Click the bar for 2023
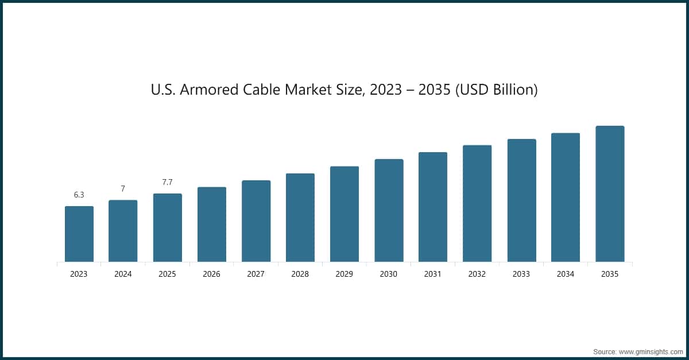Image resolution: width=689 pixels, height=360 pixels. [x=79, y=234]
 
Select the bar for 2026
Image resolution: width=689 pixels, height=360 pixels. [x=211, y=224]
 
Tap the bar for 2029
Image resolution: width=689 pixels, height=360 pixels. [x=344, y=214]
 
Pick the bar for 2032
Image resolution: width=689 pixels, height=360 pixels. [x=477, y=204]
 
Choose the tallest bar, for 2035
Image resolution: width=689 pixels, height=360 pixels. [x=610, y=194]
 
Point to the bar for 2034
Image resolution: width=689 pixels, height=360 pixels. [x=565, y=198]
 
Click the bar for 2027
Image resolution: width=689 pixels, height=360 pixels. [x=256, y=221]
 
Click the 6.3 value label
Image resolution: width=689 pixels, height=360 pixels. [x=79, y=195]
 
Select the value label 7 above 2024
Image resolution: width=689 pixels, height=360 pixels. [x=123, y=189]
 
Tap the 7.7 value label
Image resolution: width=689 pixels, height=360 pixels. [x=167, y=183]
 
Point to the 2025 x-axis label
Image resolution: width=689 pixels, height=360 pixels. [x=167, y=274]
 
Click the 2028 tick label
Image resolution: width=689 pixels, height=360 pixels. [x=300, y=274]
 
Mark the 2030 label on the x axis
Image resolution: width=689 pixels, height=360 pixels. [x=388, y=274]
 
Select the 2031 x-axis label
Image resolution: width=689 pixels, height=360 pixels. [x=432, y=274]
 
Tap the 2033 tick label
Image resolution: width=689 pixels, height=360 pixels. [x=521, y=274]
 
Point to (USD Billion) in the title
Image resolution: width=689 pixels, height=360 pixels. [x=496, y=90]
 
